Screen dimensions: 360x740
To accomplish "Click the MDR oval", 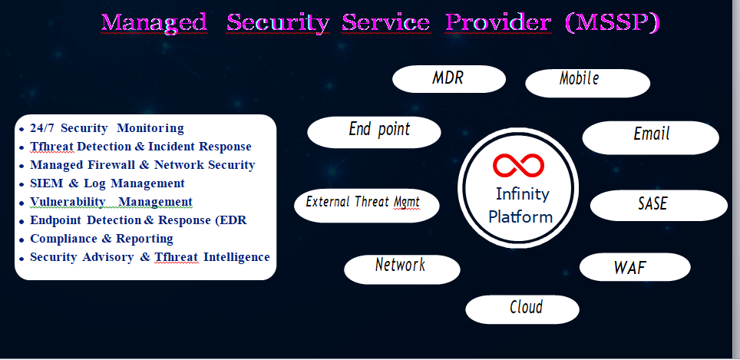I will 449,79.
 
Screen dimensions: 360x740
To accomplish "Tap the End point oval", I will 374,132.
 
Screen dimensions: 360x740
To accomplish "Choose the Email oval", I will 651,137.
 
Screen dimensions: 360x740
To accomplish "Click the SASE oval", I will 658,205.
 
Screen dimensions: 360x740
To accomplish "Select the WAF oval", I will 634,268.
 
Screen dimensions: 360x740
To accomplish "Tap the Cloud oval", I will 522,309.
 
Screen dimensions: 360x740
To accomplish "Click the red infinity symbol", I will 518,165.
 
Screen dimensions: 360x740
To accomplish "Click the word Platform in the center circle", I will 520,216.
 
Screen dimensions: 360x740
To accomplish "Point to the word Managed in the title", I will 154,23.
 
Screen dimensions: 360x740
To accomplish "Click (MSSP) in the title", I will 612,23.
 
